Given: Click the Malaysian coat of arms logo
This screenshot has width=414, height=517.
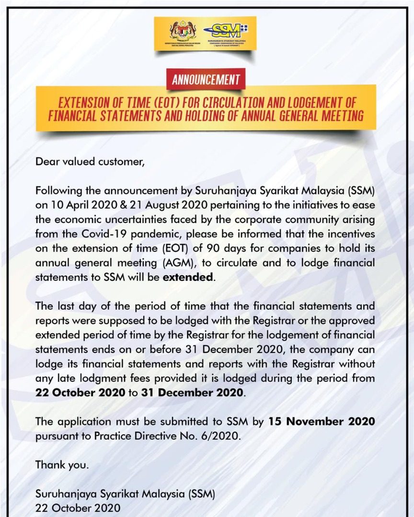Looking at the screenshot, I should coord(180,32).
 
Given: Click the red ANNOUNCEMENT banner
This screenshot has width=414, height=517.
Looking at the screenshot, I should coord(206,79).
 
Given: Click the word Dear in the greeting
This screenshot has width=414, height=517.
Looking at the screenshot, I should coord(47,161).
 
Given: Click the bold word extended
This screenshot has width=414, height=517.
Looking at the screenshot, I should coord(190,278).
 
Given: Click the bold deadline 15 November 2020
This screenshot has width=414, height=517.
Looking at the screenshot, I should coord(322,422).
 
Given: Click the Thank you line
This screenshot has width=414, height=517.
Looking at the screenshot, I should coord(62,464).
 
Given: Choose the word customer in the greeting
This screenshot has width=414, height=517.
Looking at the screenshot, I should coord(120,161).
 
